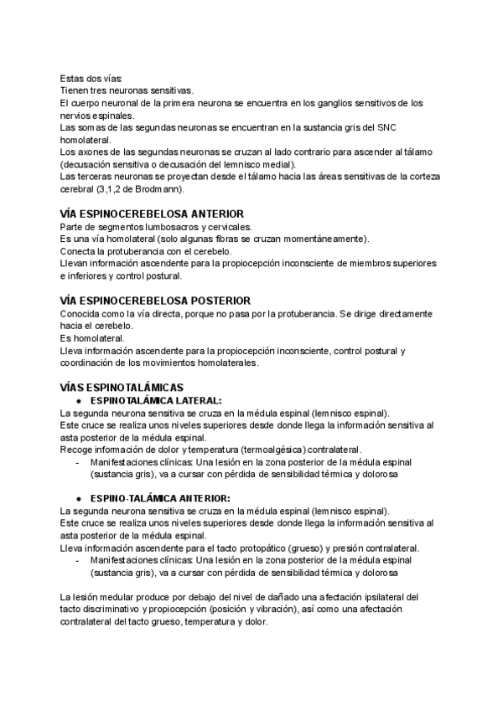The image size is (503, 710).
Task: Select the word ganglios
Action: [x=300, y=102]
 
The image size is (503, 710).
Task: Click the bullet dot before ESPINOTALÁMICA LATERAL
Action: [x=78, y=400]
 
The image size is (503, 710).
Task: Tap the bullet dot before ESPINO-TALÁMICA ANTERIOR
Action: [x=78, y=499]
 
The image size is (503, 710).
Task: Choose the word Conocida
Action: [x=82, y=313]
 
